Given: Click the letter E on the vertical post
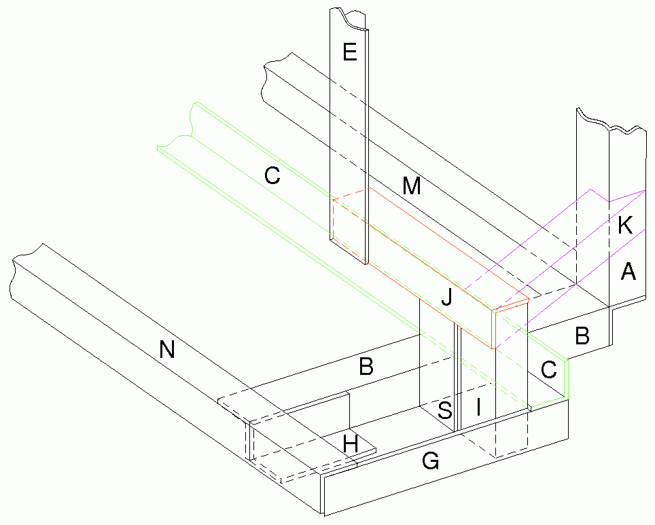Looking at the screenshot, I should (x=350, y=52).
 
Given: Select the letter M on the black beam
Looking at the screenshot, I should (x=410, y=185).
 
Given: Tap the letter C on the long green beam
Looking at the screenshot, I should (x=272, y=175).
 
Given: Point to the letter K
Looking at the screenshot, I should (x=626, y=226).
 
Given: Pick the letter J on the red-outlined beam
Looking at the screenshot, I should (x=446, y=296).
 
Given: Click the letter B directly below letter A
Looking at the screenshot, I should (x=582, y=335).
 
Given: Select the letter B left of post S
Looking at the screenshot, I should (x=366, y=367).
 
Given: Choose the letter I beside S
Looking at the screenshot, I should (x=478, y=407).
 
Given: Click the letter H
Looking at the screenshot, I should (x=350, y=444).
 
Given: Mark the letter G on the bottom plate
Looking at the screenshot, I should (x=430, y=462).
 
